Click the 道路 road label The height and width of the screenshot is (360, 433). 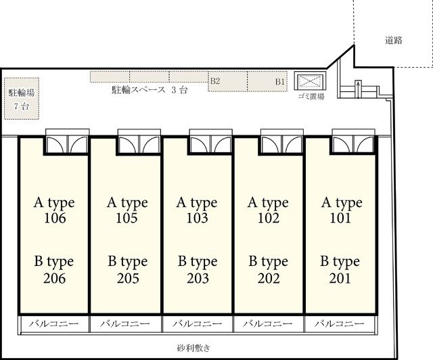(394, 41)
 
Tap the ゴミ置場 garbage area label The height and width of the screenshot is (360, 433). (311, 96)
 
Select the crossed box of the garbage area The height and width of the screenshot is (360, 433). (310, 81)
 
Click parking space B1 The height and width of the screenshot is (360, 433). (267, 81)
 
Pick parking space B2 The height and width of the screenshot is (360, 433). (227, 81)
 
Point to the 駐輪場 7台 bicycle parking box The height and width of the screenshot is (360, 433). (22, 99)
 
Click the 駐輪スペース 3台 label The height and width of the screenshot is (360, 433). (150, 90)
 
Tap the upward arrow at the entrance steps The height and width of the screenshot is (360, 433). (358, 89)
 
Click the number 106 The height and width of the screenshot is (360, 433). (55, 218)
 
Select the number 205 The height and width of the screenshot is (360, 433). (128, 278)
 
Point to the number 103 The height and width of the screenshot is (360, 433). (197, 218)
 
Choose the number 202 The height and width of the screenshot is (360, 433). (269, 278)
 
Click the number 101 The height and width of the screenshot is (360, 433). (340, 218)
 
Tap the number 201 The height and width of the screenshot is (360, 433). (340, 278)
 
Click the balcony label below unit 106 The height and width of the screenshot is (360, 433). (54, 323)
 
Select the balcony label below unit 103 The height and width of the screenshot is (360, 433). (198, 323)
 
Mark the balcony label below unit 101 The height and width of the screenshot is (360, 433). (340, 323)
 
